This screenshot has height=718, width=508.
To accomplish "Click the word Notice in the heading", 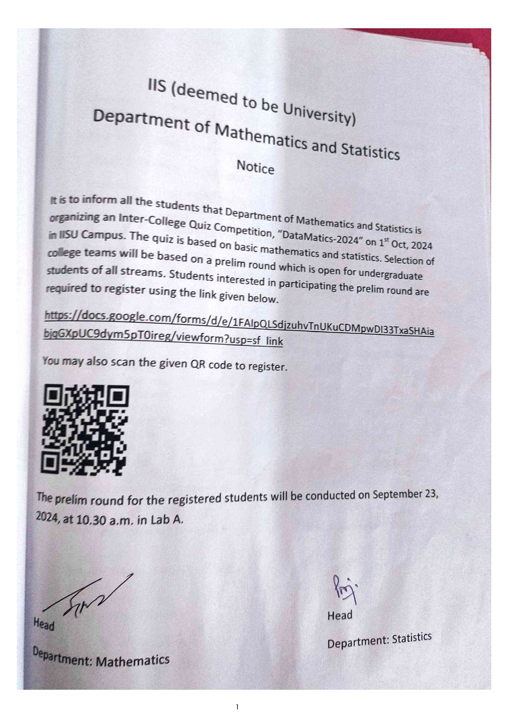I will tap(255, 167).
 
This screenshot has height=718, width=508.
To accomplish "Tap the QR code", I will tap(85, 429).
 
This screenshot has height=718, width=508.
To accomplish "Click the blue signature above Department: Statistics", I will tap(345, 589).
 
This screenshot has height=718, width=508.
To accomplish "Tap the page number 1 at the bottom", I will tap(237, 707).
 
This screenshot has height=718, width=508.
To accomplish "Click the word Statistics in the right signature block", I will tap(411, 639).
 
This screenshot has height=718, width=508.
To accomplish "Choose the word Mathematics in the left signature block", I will tap(133, 660).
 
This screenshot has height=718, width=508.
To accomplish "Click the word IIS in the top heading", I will tap(157, 87).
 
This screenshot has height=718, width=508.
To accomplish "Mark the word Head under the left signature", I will tap(44, 624).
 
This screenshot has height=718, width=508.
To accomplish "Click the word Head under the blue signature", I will tap(340, 615).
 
